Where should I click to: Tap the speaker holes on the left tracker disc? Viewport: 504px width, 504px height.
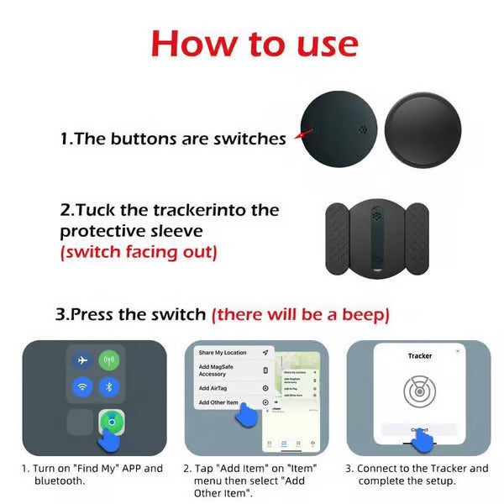(x=361, y=129)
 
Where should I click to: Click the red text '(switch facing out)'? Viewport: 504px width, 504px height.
(x=138, y=251)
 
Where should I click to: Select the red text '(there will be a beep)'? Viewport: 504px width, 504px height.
(x=300, y=315)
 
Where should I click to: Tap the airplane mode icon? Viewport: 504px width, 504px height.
(x=82, y=360)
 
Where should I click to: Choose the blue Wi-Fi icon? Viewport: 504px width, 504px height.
(x=82, y=387)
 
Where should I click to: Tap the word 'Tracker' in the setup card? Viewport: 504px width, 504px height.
(x=419, y=356)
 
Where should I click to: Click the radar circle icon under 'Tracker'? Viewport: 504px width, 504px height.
(x=419, y=391)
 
